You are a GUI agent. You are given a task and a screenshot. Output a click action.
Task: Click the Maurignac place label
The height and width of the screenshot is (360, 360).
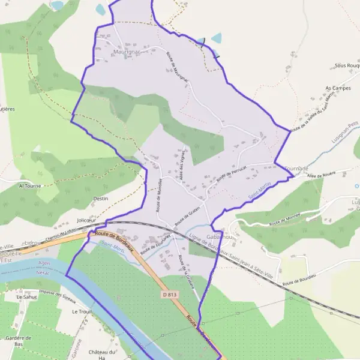tap(126, 52)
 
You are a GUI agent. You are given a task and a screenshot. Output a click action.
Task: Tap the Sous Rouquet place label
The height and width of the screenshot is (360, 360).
tap(347, 65)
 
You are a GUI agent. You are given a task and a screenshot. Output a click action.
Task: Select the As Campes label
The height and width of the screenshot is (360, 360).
tap(337, 88)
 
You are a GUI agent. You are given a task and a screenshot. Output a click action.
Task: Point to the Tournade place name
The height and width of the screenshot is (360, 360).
tap(296, 169)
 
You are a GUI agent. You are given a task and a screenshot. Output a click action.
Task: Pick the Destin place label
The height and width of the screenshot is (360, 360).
tap(100, 198)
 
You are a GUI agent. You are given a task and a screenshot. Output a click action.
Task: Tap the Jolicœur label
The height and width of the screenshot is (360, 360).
tap(87, 220)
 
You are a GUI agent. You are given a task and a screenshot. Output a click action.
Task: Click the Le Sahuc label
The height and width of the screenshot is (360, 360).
tap(27, 296)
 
